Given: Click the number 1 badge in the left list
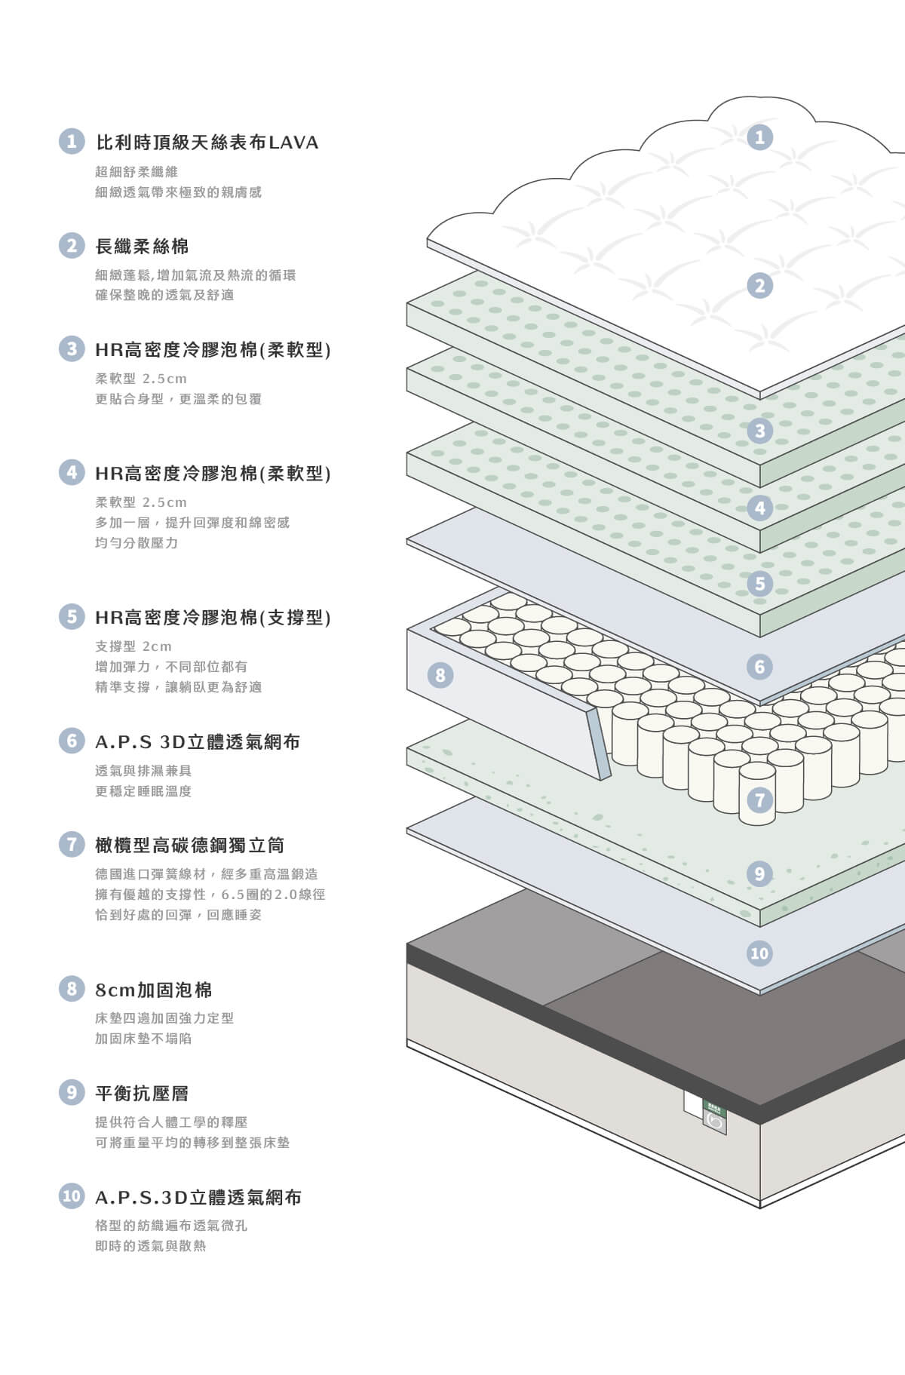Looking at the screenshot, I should [x=72, y=141].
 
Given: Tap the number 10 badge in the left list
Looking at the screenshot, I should [x=72, y=1195].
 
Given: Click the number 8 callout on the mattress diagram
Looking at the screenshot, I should [x=440, y=674].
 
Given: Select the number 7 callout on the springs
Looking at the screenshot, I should [x=759, y=800].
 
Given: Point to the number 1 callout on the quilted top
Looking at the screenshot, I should [x=759, y=137].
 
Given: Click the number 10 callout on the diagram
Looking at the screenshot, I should [x=759, y=953].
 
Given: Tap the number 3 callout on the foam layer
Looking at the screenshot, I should [x=759, y=431].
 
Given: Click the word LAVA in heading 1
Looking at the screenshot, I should [x=293, y=142].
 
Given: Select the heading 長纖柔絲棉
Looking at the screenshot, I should [x=142, y=246].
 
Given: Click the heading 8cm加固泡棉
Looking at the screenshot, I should [x=154, y=990].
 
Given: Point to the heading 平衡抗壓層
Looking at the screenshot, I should [x=142, y=1093].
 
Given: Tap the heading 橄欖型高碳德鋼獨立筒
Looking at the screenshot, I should [x=190, y=845].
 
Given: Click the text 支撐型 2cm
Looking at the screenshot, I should [x=133, y=646].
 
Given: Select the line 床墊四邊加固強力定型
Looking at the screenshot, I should [x=164, y=1018].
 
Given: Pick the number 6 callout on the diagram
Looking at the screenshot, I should [x=759, y=667].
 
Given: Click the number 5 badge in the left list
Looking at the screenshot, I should [x=72, y=616].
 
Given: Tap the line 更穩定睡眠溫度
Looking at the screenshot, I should [x=143, y=791].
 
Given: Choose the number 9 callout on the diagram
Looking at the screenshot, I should [x=759, y=874].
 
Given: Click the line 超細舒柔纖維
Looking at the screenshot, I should [x=137, y=172].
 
